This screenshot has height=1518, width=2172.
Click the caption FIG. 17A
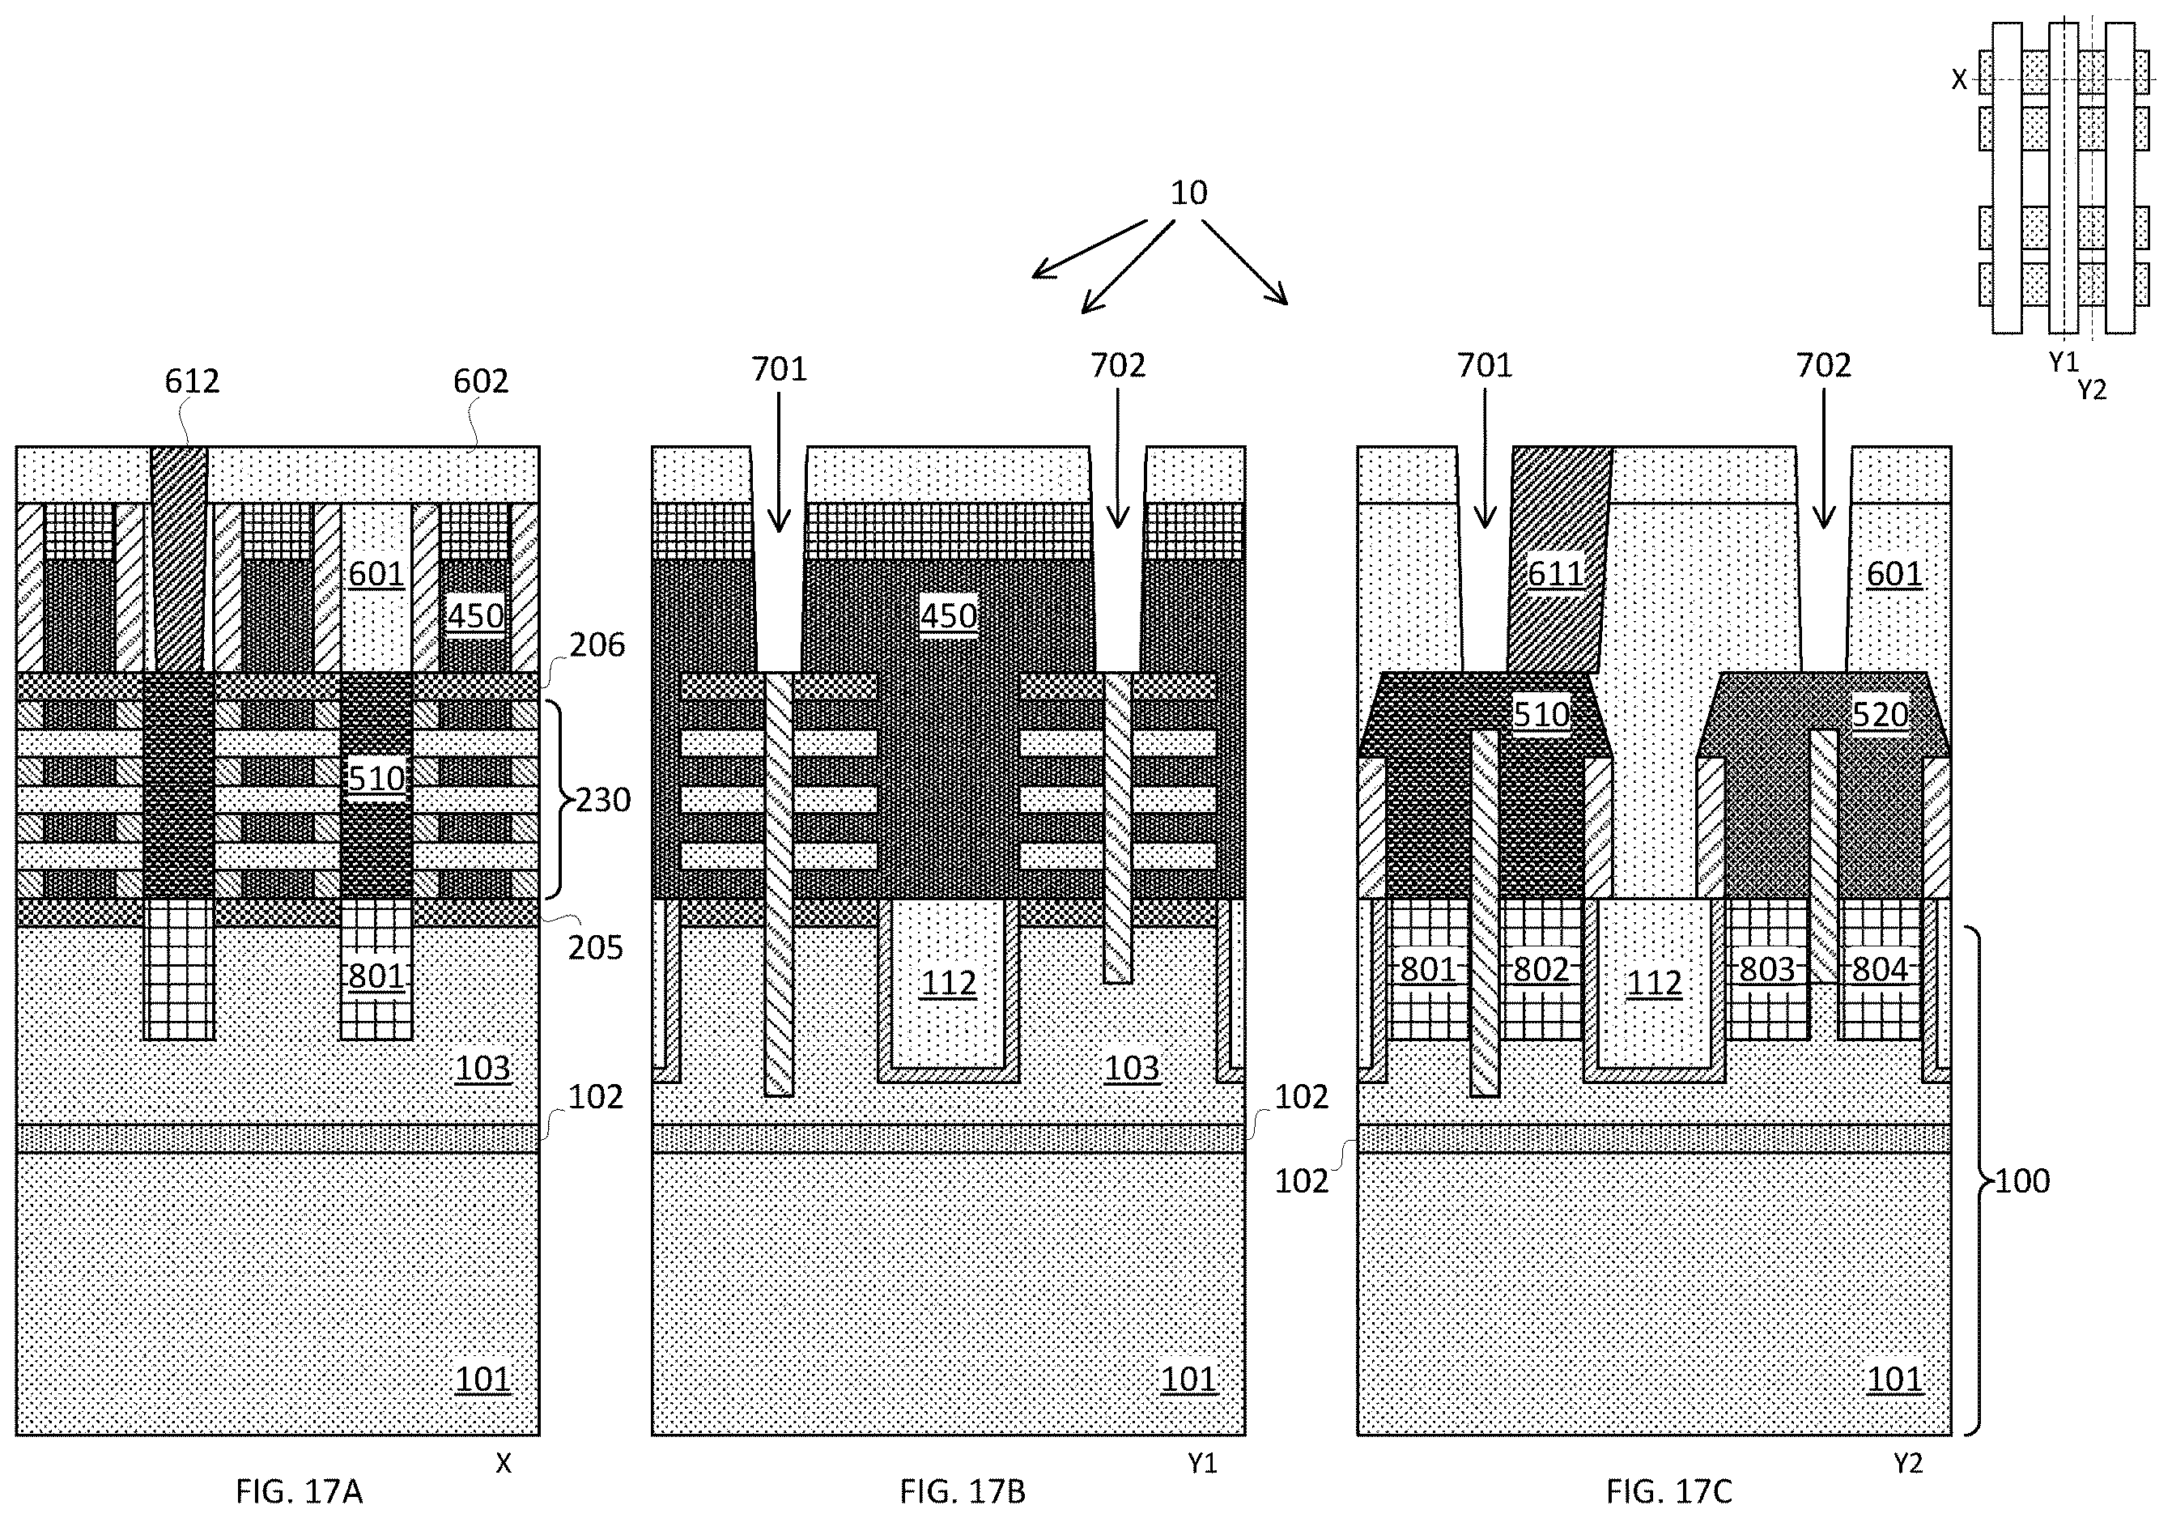click(299, 1491)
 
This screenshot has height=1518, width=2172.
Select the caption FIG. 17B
click(962, 1491)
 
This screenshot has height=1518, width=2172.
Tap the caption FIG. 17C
click(1668, 1491)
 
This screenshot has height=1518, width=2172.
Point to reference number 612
click(192, 381)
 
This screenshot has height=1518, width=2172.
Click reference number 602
click(481, 381)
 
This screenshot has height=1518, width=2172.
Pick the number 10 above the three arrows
click(1189, 193)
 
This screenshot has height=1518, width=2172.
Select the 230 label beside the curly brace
click(602, 800)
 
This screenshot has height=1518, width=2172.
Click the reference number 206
click(597, 645)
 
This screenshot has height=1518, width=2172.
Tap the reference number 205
click(596, 948)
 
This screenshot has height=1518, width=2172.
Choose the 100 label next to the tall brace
click(2022, 1180)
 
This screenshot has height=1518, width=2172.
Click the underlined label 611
click(1555, 574)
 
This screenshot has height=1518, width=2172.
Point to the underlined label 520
click(1880, 714)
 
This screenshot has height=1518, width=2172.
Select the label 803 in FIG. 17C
click(1767, 969)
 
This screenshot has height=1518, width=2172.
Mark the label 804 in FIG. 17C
click(1880, 969)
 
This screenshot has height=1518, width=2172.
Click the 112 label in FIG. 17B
click(949, 984)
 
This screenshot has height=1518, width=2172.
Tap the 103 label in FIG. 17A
click(482, 1068)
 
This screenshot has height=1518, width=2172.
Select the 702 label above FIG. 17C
click(1824, 365)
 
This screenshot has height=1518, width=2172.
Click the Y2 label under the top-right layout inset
click(2092, 389)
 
